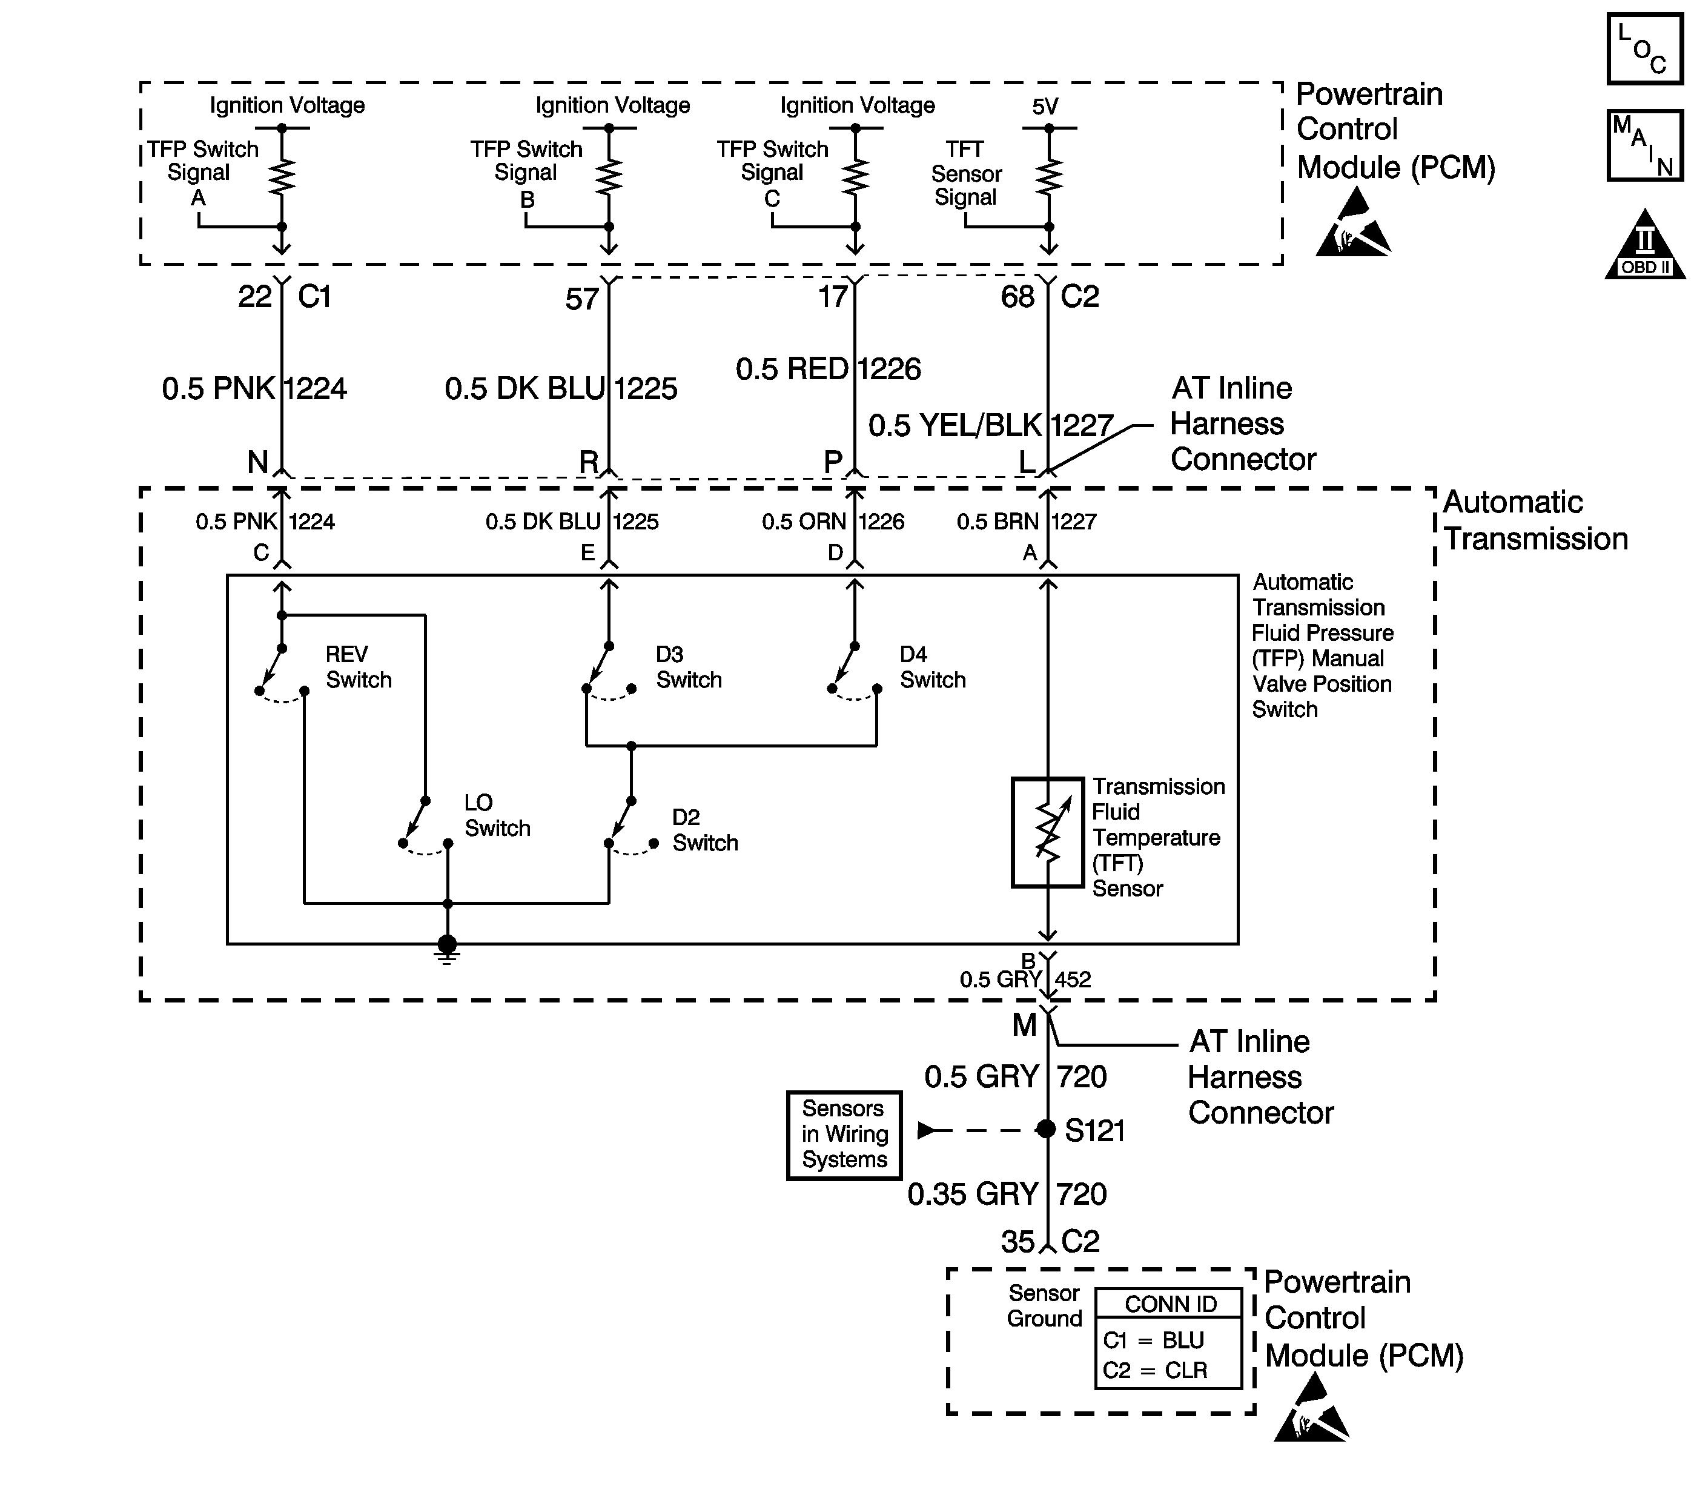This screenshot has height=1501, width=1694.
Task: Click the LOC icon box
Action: coord(1644,49)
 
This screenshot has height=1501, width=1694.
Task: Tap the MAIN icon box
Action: coord(1644,145)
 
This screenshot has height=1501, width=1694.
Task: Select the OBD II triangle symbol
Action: coord(1645,245)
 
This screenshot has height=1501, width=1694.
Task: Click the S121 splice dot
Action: coord(1046,1129)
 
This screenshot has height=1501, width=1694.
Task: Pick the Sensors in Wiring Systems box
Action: coord(844,1135)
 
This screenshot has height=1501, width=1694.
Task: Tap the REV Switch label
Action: coord(358,667)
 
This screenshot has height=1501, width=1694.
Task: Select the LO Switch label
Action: coord(497,815)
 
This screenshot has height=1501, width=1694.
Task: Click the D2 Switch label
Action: coord(704,830)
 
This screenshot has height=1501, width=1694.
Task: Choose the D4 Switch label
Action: coord(932,667)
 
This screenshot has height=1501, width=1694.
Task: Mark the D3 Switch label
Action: coord(689,667)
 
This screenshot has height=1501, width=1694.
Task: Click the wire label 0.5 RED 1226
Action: coord(828,369)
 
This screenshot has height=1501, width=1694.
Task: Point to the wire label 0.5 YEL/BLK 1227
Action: coord(990,426)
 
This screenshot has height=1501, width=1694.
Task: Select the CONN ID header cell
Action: coord(1170,1304)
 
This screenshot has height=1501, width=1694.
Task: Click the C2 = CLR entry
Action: coord(1154,1370)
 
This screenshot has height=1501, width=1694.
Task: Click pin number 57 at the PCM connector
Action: coord(582,299)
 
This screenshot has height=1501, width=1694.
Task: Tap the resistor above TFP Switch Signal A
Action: coord(282,176)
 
